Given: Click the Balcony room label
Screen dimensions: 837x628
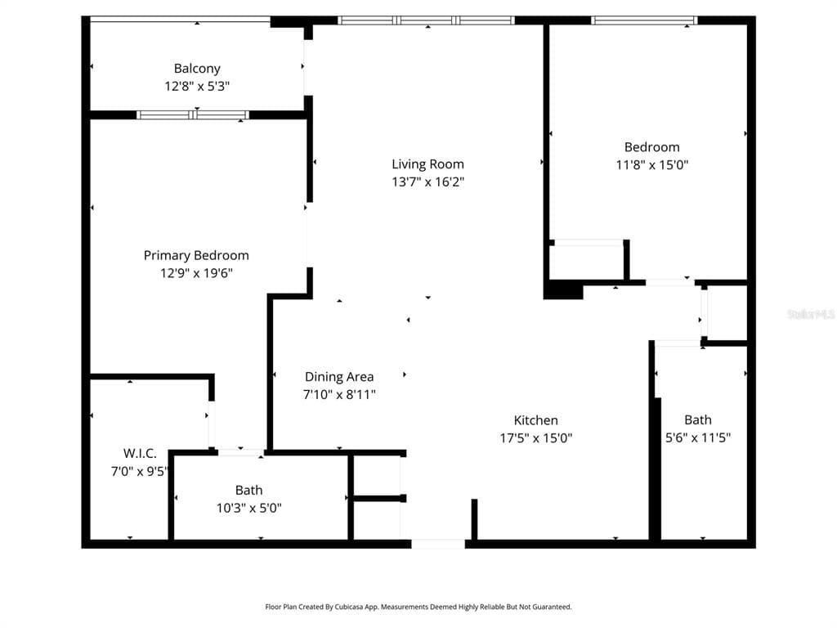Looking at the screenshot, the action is pyautogui.click(x=197, y=69).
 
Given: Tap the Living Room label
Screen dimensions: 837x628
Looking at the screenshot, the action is pyautogui.click(x=427, y=164).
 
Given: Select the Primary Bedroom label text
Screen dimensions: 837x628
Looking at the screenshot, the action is pyautogui.click(x=196, y=255).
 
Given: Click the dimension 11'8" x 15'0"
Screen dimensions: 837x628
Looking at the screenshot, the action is pyautogui.click(x=651, y=164).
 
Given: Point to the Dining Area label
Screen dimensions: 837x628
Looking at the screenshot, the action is pyautogui.click(x=339, y=376).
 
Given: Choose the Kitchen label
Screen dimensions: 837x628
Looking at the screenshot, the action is pyautogui.click(x=536, y=420).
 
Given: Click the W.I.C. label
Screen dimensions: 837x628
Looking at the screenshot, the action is pyautogui.click(x=140, y=453).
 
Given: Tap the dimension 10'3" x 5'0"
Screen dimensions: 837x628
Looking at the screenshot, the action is pyautogui.click(x=248, y=508).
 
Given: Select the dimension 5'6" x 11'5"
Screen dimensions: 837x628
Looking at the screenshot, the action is pyautogui.click(x=698, y=438).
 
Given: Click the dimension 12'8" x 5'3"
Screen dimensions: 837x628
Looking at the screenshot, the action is pyautogui.click(x=197, y=86).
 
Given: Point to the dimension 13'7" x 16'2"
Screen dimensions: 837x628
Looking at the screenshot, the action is pyautogui.click(x=427, y=182).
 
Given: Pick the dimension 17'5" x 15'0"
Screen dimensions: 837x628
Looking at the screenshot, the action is pyautogui.click(x=536, y=438).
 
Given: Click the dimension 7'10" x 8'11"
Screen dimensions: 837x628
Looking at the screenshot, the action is pyautogui.click(x=339, y=395).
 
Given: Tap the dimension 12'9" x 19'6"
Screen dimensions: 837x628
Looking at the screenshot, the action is pyautogui.click(x=196, y=273).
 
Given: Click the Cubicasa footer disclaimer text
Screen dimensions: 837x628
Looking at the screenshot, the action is pyautogui.click(x=418, y=607).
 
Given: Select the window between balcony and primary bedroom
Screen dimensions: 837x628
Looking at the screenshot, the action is pyautogui.click(x=193, y=114).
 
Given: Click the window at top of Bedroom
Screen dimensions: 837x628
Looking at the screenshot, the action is pyautogui.click(x=644, y=20).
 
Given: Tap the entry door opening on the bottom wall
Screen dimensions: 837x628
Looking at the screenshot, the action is pyautogui.click(x=438, y=544).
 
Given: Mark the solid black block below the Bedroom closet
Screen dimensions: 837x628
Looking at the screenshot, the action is pyautogui.click(x=563, y=291).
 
